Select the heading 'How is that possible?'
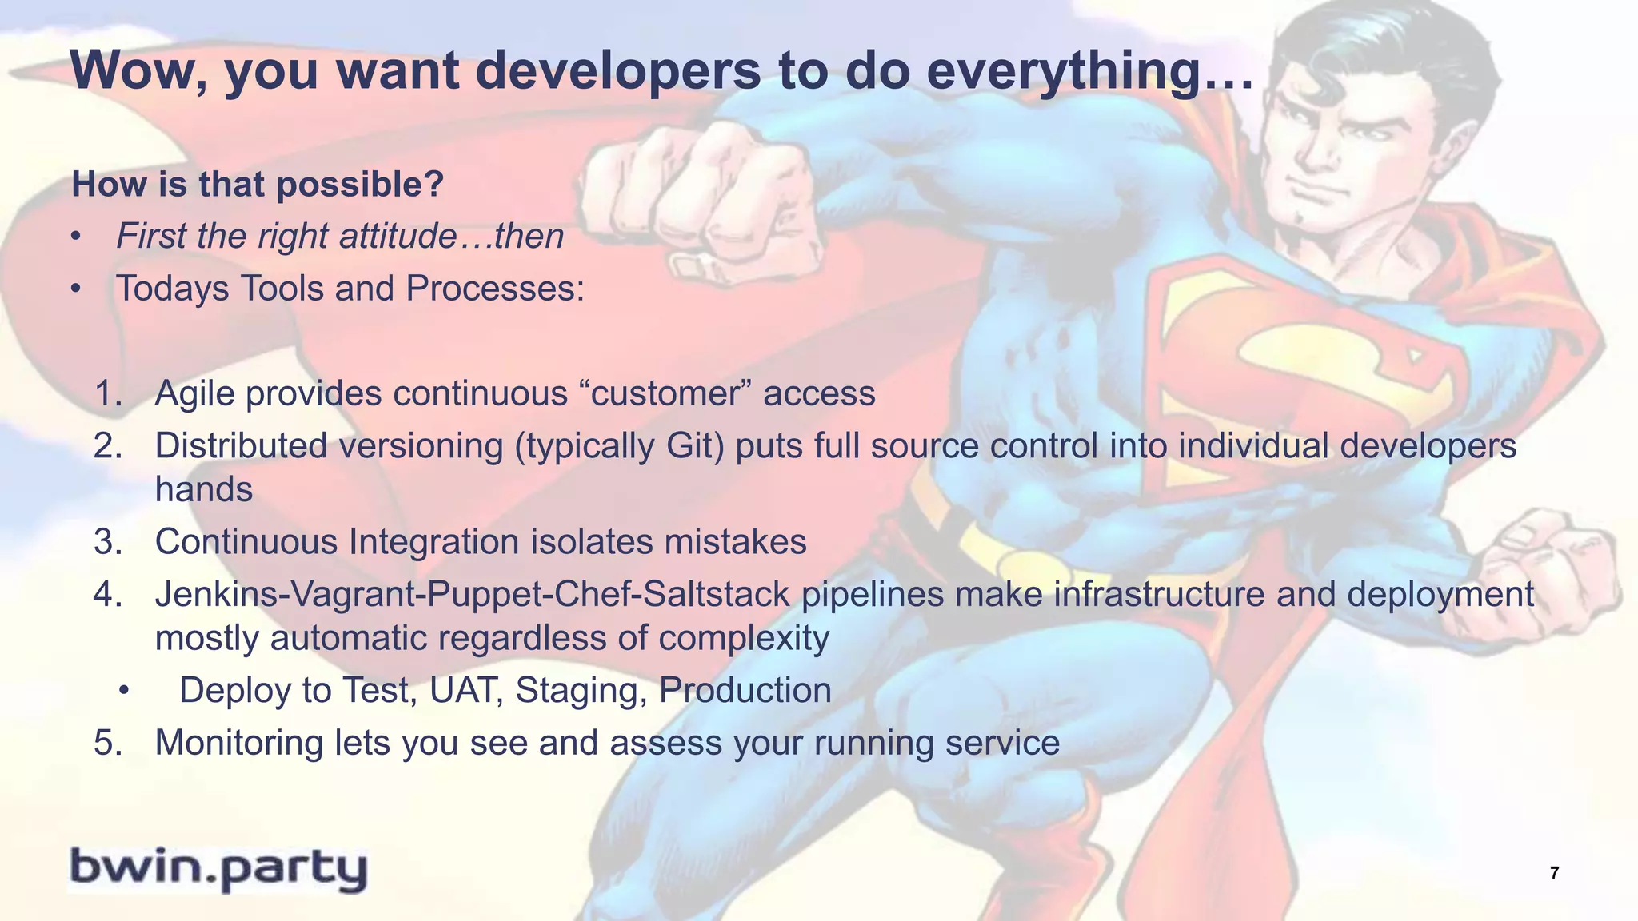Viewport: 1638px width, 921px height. [257, 185]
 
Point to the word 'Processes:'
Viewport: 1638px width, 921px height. [495, 289]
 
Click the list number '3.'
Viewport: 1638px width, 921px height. [108, 542]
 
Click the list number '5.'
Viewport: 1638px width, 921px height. [108, 743]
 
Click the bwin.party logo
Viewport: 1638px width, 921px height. [218, 868]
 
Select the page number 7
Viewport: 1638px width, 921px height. [1554, 873]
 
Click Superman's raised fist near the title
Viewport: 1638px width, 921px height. [704, 200]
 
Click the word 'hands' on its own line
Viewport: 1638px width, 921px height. [203, 489]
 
